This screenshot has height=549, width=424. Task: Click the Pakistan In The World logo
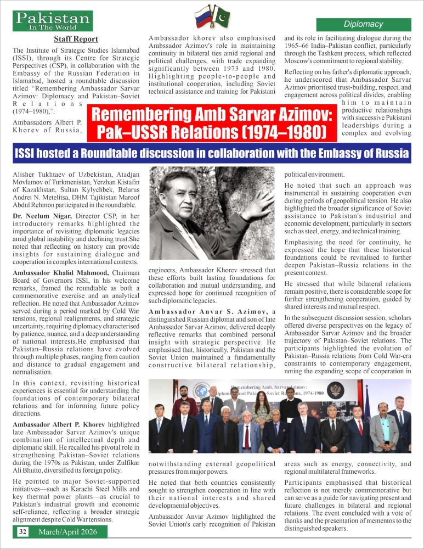(x=53, y=21)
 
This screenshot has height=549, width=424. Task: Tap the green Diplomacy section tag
(x=363, y=25)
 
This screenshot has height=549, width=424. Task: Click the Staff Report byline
(x=76, y=39)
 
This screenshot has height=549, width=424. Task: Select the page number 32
(x=22, y=532)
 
